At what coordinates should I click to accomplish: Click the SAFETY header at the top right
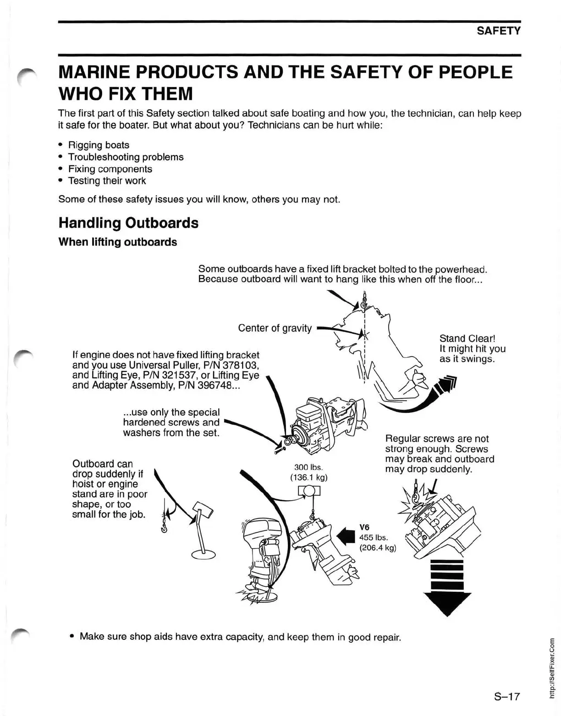pos(498,31)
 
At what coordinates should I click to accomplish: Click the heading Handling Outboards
pos(128,223)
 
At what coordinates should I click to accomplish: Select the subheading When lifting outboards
pos(117,242)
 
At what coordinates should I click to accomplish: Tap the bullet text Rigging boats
pos(99,145)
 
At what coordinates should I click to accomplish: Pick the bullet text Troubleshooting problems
pos(126,157)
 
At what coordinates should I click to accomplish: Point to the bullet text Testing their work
pos(107,180)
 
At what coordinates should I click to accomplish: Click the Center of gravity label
pos(275,328)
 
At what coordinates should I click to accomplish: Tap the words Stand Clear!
pos(467,339)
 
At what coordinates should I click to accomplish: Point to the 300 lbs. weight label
pos(308,467)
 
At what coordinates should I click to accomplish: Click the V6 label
pos(364,527)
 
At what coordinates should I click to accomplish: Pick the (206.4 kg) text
pos(378,547)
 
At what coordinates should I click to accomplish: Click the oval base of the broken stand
pos(203,555)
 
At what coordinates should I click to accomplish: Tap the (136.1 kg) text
pos(308,477)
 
